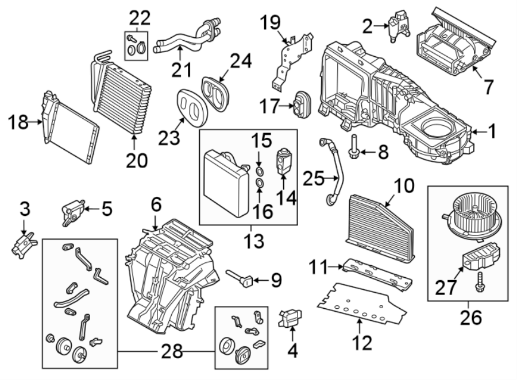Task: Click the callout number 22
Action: [x=138, y=18]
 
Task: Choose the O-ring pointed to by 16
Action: [x=260, y=184]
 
